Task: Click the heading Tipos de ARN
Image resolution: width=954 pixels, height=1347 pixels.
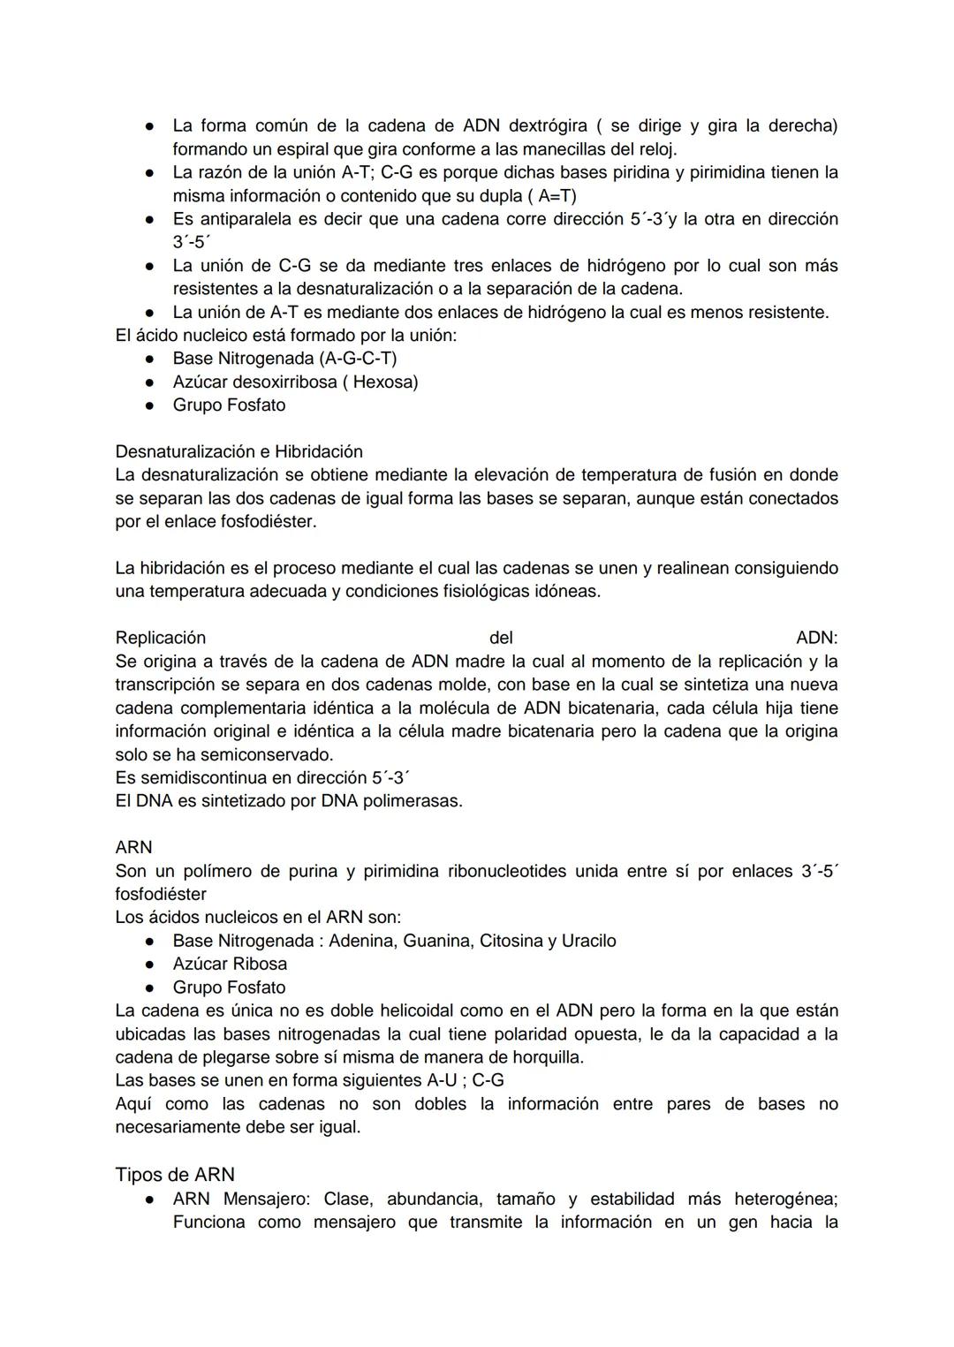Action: click(x=175, y=1174)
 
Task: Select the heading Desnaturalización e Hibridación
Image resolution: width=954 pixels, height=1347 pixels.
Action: click(x=238, y=451)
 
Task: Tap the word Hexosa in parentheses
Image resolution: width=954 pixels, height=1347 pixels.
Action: click(x=382, y=382)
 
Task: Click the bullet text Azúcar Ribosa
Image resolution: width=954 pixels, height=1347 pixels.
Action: click(x=230, y=964)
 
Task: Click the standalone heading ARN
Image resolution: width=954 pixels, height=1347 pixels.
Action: click(x=133, y=847)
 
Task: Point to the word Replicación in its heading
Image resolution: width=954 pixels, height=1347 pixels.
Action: click(x=160, y=638)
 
